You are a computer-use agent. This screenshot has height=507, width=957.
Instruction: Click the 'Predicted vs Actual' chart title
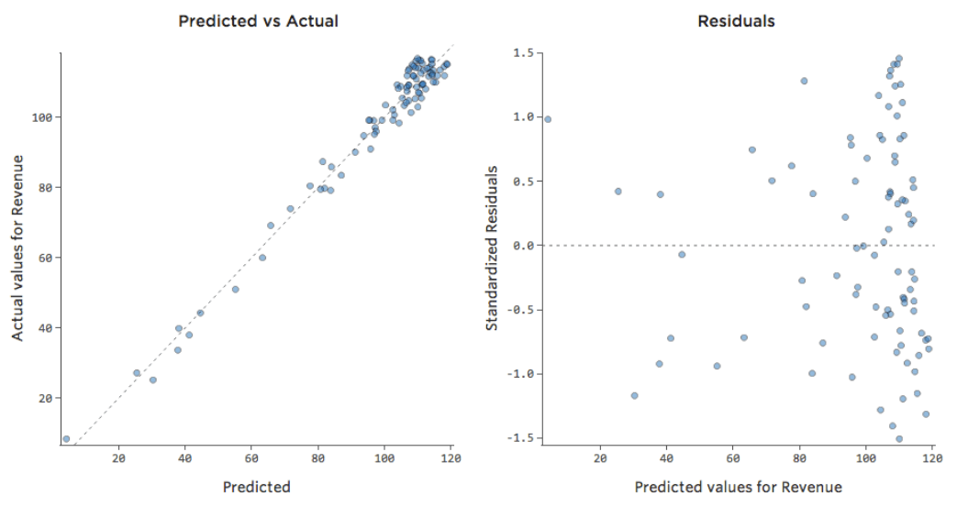(x=258, y=20)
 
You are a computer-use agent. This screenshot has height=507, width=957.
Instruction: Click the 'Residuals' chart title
(x=736, y=20)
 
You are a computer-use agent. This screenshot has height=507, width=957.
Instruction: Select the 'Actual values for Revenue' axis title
(x=18, y=249)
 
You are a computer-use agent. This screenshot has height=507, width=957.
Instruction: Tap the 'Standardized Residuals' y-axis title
(x=492, y=248)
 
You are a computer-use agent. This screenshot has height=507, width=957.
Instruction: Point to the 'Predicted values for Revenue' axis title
(x=738, y=486)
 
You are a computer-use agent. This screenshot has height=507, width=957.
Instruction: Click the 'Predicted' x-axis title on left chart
(x=256, y=487)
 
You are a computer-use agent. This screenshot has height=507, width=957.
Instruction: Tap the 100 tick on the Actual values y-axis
(x=42, y=117)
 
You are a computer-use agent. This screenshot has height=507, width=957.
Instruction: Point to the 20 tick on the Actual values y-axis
(x=45, y=398)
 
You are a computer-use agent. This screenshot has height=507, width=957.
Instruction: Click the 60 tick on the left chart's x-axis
(x=251, y=458)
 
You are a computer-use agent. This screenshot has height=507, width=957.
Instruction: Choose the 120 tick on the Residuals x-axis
(x=932, y=458)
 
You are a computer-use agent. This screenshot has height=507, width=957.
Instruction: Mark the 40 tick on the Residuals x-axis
(x=666, y=458)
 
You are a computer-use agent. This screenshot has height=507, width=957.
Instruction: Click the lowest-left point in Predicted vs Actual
(x=66, y=439)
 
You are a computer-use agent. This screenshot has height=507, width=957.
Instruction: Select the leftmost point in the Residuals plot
(x=548, y=119)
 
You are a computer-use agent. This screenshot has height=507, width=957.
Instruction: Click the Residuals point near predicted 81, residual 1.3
(x=804, y=81)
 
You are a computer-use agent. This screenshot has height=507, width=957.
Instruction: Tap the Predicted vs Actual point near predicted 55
(x=235, y=290)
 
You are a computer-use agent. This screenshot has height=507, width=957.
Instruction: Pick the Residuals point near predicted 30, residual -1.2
(x=634, y=396)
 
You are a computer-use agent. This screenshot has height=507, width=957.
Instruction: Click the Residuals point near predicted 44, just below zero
(x=682, y=254)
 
